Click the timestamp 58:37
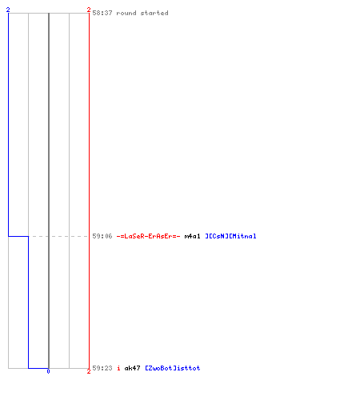(102, 13)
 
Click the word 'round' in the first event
(126, 13)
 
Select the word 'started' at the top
(154, 13)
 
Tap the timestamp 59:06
(102, 236)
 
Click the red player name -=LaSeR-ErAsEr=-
(148, 236)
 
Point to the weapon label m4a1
(192, 236)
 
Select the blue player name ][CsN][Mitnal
(230, 236)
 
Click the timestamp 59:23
(102, 368)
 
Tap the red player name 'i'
(118, 368)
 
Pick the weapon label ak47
(132, 368)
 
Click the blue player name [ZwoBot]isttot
(173, 368)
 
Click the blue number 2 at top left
(8, 10)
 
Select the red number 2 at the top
(89, 10)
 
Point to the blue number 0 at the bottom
(48, 371)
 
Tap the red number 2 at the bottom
(89, 371)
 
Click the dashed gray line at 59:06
(58, 236)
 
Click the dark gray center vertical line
(49, 190)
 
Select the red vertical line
(89, 190)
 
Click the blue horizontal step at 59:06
(18, 236)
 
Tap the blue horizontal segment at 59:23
(38, 368)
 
